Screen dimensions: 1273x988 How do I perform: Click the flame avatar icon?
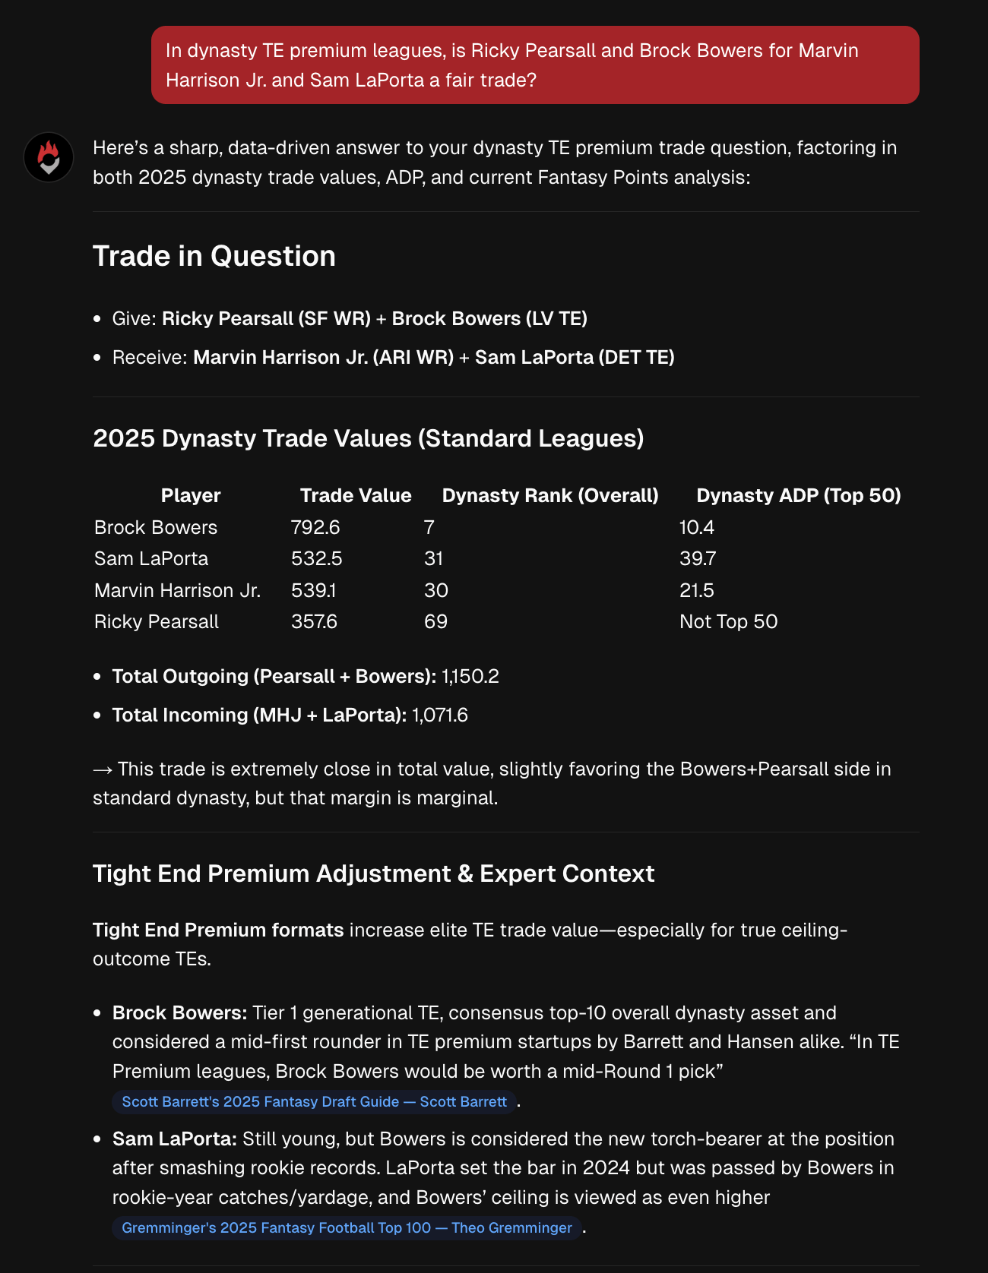tap(49, 157)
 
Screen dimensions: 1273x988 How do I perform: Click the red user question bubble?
tap(534, 65)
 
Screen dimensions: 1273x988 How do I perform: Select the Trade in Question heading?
tap(214, 256)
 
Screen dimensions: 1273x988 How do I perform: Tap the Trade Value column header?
tap(355, 495)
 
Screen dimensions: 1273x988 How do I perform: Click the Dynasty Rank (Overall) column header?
tap(549, 495)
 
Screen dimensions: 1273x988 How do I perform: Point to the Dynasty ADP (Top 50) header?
tap(798, 495)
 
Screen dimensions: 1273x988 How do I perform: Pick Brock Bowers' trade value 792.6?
tap(315, 527)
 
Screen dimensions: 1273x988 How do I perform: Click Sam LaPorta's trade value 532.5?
tap(316, 558)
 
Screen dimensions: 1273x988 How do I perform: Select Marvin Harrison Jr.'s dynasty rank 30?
tap(436, 590)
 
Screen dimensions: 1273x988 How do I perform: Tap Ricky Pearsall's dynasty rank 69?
tap(435, 621)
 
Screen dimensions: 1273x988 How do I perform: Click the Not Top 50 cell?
tap(728, 621)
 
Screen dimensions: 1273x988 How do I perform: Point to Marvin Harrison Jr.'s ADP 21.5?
tap(697, 590)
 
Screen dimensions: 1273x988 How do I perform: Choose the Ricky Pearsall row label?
tap(157, 621)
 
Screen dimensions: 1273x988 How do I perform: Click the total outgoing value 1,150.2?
tap(470, 676)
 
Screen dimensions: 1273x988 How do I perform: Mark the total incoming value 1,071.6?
tap(440, 715)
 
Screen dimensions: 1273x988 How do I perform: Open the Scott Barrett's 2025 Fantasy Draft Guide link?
tap(314, 1101)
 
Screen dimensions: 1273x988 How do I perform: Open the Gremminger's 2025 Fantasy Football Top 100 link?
tap(347, 1227)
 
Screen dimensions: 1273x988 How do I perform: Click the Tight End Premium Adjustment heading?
tap(373, 873)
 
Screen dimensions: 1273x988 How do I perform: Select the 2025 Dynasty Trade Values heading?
tap(368, 438)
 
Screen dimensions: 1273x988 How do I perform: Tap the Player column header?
tap(190, 495)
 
